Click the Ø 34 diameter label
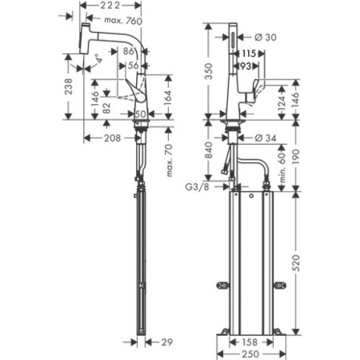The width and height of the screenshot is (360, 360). (x=268, y=138)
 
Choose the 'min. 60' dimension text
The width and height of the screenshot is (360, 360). (x=281, y=164)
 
